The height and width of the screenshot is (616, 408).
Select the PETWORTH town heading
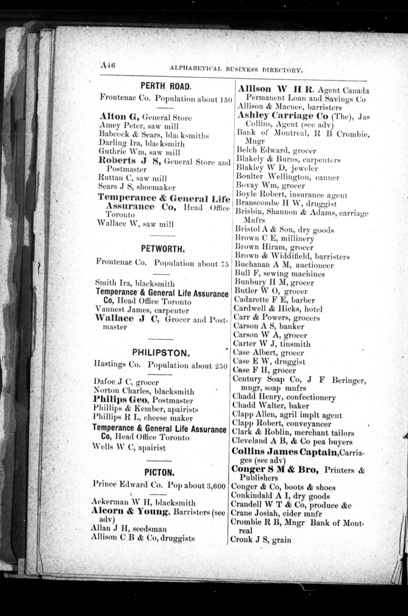tap(163, 249)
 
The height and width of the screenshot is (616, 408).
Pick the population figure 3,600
tap(215, 486)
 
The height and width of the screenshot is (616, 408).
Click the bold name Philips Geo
tap(121, 400)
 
